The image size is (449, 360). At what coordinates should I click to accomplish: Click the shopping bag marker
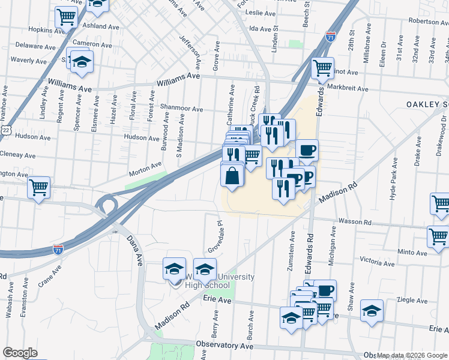click(x=232, y=176)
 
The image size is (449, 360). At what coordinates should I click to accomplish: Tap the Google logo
click(x=20, y=353)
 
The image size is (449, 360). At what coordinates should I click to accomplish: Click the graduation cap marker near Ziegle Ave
click(x=372, y=311)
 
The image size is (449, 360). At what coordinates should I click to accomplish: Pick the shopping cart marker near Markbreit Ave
click(x=323, y=68)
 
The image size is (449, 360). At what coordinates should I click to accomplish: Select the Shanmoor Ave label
click(x=181, y=109)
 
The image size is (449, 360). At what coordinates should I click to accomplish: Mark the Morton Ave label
click(x=146, y=169)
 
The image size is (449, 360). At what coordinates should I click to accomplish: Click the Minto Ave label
click(x=411, y=253)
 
